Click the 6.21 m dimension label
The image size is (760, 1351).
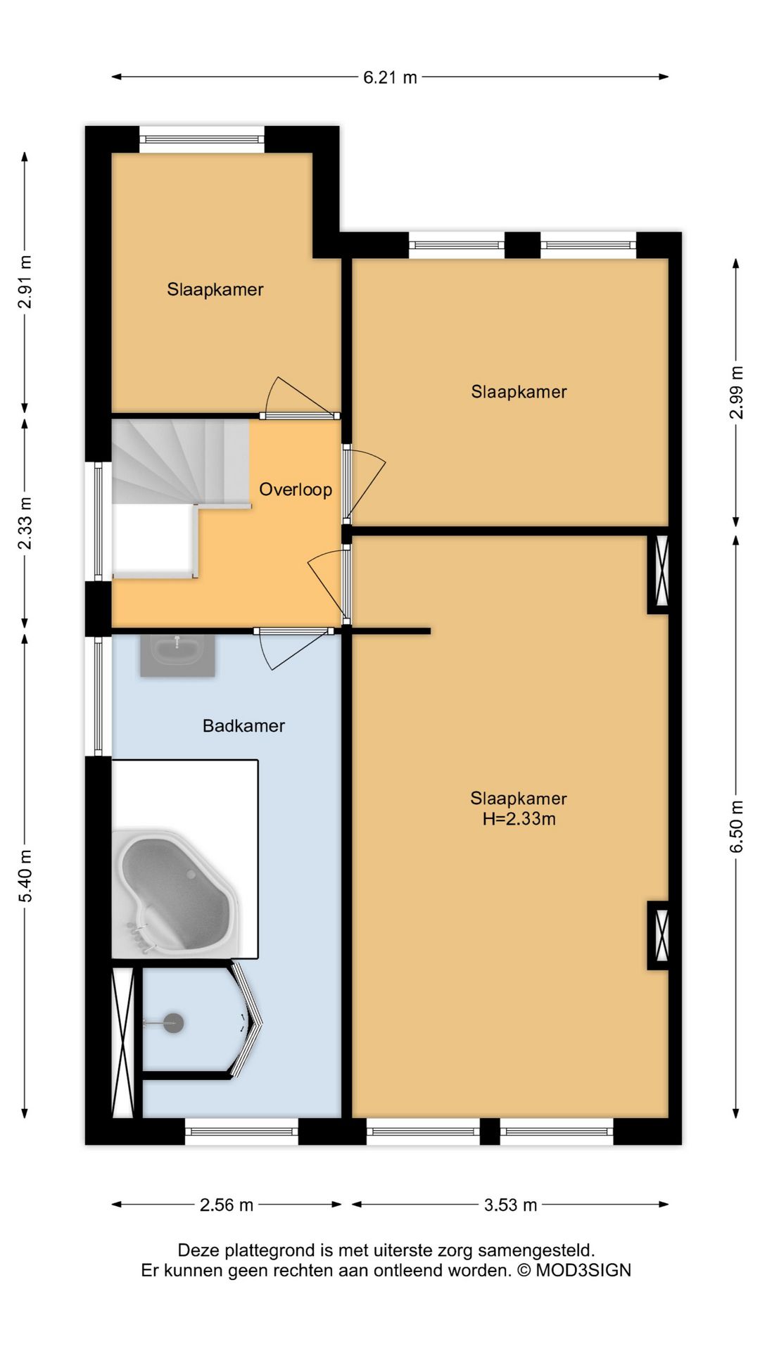[390, 77]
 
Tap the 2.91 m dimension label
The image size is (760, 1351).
[25, 282]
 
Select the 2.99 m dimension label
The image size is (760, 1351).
[736, 392]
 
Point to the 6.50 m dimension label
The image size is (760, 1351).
[736, 826]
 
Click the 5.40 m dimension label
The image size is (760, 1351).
[25, 876]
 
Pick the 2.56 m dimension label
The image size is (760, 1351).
[227, 1205]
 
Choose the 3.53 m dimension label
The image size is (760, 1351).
[510, 1205]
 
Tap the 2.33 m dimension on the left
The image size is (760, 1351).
[25, 524]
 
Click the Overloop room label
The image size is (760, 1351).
[296, 490]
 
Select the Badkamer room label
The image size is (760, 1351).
[243, 725]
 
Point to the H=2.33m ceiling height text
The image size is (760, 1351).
[519, 819]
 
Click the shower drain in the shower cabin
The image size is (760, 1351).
[174, 1023]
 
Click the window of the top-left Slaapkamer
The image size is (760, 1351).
[202, 139]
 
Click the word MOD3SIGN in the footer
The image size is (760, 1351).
[583, 1270]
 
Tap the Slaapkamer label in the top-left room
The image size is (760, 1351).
[215, 289]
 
